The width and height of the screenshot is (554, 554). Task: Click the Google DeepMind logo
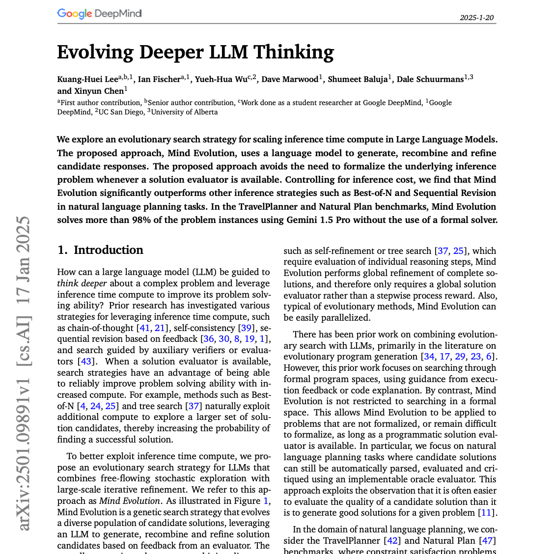[99, 13]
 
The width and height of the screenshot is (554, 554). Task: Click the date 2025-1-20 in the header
[476, 18]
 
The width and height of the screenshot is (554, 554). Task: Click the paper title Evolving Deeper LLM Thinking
[195, 52]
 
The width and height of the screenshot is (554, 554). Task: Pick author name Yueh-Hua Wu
[221, 80]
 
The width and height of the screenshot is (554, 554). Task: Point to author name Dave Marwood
[290, 80]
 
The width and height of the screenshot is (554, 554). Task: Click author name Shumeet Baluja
[358, 80]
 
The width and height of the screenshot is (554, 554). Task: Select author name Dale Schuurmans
[430, 80]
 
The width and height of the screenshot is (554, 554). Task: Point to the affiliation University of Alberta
[184, 112]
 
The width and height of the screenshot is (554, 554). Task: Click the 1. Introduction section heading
[100, 250]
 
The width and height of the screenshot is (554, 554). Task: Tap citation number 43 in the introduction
[86, 361]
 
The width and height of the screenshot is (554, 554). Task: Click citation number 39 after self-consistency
[246, 328]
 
